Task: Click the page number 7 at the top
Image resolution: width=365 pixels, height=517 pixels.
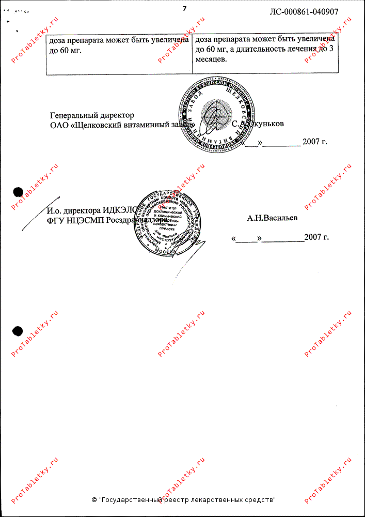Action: (184, 8)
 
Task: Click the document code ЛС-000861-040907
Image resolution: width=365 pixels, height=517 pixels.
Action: (304, 11)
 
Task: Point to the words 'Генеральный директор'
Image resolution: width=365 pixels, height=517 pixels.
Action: (92, 115)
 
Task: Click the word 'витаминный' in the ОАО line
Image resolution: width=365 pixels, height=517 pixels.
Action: (145, 125)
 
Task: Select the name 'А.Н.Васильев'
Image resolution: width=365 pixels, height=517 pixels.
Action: (272, 218)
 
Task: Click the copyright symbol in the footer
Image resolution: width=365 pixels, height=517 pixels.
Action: (94, 500)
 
